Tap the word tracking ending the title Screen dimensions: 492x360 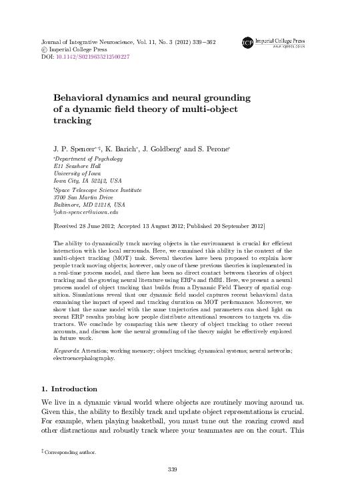click(x=71, y=121)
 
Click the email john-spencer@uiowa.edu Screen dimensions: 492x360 click(x=87, y=212)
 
